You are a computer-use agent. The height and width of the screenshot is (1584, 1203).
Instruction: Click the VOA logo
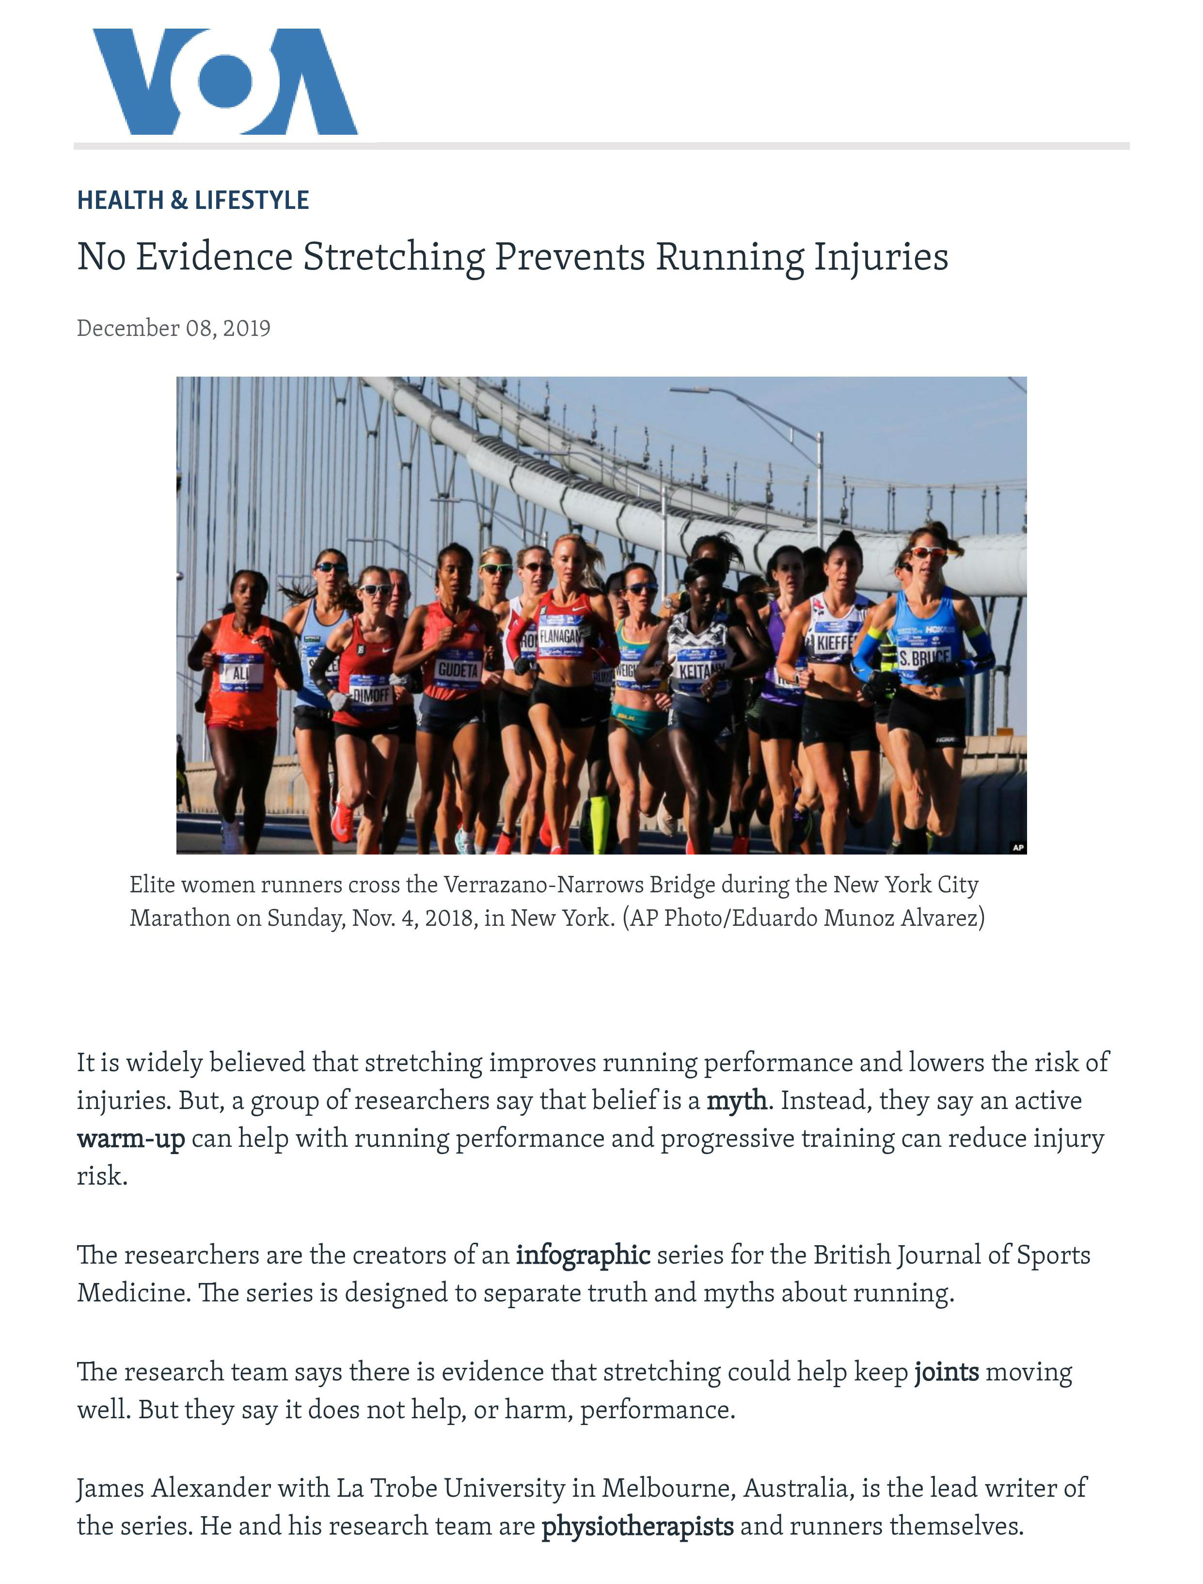pyautogui.click(x=224, y=81)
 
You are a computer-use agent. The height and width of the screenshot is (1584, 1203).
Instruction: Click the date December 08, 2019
pyautogui.click(x=174, y=328)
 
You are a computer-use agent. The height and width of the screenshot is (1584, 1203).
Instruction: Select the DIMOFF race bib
pyautogui.click(x=371, y=694)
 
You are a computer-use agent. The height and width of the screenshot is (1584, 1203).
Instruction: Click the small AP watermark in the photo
pyautogui.click(x=1017, y=847)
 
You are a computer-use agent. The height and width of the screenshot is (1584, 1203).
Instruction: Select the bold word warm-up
pyautogui.click(x=131, y=1138)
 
